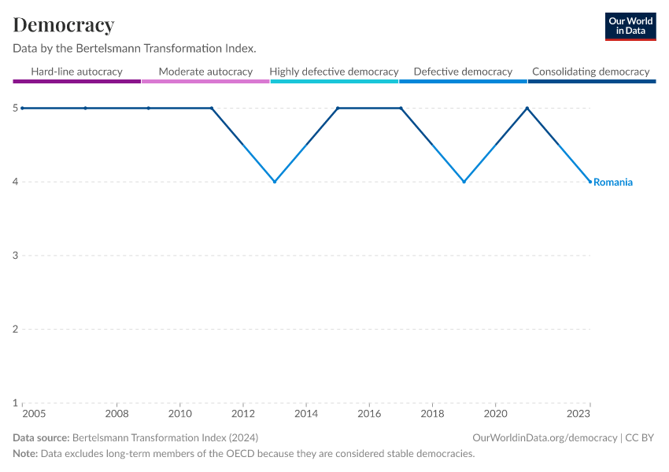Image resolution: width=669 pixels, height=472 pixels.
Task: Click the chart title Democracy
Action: [x=64, y=25]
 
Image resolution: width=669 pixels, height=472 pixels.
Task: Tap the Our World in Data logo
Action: [x=630, y=26]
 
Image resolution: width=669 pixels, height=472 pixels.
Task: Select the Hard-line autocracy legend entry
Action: [x=76, y=72]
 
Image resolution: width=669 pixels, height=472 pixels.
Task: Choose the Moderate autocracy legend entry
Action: [x=205, y=72]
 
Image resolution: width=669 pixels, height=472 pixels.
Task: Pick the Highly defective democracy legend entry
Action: [x=334, y=72]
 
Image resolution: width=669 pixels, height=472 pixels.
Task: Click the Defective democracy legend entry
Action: [x=463, y=72]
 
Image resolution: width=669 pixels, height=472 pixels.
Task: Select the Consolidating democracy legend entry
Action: [x=590, y=72]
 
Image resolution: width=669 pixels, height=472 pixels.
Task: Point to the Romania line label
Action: [x=613, y=183]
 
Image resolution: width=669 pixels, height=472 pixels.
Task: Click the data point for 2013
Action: [x=275, y=182]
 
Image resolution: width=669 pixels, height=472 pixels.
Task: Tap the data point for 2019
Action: [x=464, y=182]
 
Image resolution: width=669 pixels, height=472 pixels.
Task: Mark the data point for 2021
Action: [x=527, y=108]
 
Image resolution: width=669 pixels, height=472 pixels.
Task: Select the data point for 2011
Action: [x=212, y=108]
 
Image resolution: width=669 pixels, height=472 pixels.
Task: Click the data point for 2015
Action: [x=338, y=108]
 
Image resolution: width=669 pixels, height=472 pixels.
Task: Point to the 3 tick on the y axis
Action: [x=16, y=256]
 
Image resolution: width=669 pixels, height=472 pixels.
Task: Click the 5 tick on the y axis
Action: [x=16, y=108]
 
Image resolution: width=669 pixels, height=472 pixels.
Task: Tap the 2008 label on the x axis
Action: [x=116, y=414]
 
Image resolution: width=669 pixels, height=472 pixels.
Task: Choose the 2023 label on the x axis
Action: [x=578, y=414]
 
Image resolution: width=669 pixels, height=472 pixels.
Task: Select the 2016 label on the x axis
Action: [x=369, y=414]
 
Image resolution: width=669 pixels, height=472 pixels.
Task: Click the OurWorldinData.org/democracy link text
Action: [x=545, y=438]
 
